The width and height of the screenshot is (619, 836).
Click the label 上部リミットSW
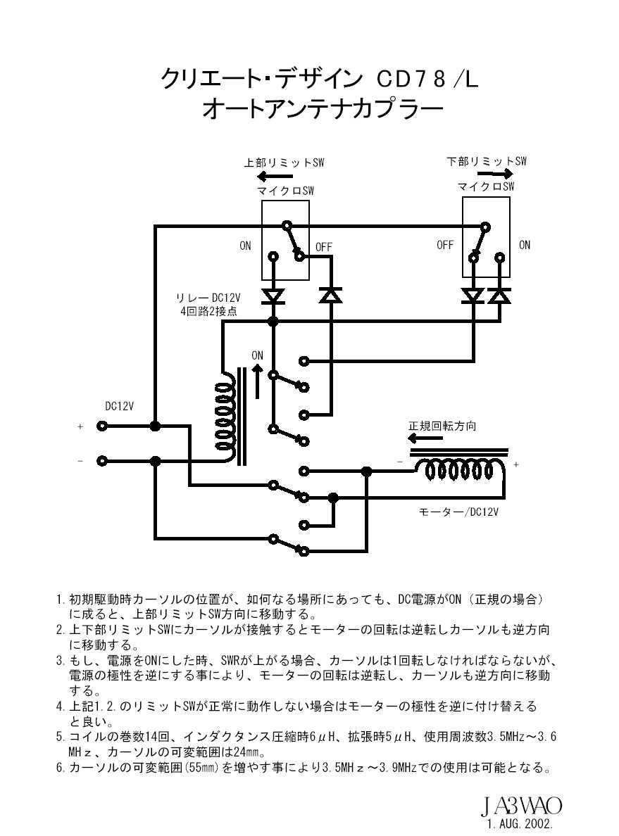pos(284,163)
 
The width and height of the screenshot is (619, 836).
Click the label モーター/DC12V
pos(459,512)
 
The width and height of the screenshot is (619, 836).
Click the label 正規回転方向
pos(442,426)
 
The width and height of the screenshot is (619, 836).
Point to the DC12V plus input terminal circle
pos(103,426)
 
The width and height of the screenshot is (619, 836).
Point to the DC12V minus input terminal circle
pos(103,461)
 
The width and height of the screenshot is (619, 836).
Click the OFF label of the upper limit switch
pos(323,246)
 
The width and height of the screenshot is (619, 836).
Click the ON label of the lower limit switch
pos(525,246)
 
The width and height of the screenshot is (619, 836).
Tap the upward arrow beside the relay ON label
pos(258,380)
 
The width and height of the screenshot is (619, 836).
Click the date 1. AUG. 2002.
pos(519,823)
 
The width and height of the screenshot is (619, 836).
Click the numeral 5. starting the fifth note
pos(61,737)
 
